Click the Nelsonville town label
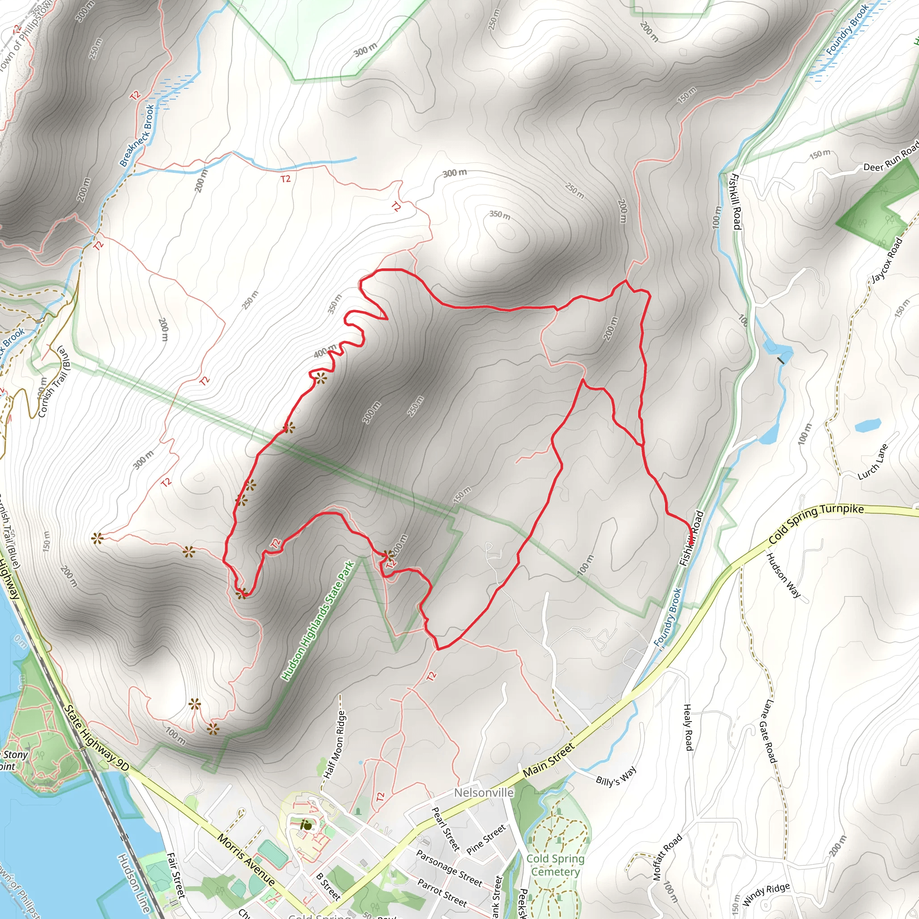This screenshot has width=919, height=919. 483,792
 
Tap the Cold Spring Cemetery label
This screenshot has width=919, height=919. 555,865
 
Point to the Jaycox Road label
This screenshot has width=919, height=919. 886,260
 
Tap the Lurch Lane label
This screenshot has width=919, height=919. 873,462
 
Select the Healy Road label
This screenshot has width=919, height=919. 688,727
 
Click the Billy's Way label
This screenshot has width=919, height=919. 616,776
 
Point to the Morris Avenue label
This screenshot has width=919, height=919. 246,859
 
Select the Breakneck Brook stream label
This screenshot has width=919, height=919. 137,136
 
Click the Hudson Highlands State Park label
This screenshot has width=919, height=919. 318,621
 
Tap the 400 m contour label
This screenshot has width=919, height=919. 325,351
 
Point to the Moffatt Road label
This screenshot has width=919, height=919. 667,857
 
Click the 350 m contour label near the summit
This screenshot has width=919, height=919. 500,215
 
